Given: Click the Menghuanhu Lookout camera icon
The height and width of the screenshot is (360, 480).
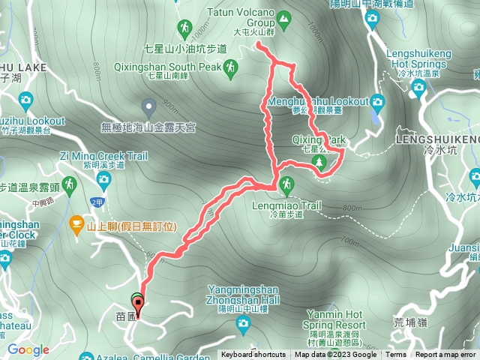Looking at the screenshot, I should (377, 102).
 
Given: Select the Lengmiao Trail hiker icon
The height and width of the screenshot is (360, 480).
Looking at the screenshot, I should (286, 184).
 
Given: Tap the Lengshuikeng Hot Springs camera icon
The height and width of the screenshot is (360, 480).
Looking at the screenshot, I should (418, 89).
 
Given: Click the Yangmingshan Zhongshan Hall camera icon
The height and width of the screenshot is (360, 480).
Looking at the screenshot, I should (242, 323).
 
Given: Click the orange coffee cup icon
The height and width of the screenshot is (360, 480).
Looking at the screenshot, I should (76, 223).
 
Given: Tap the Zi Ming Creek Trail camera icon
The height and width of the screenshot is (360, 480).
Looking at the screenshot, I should (103, 178).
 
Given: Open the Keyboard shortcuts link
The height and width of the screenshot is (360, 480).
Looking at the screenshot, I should (253, 355).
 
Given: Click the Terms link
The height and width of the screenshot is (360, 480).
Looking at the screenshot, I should (396, 355).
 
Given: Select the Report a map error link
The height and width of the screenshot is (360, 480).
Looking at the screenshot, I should (445, 355).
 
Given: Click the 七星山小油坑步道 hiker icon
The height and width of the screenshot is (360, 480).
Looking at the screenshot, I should (184, 28).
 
